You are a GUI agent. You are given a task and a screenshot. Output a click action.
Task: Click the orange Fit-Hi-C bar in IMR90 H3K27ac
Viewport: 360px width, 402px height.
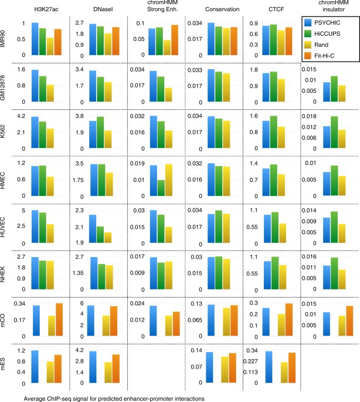click(57, 42)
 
